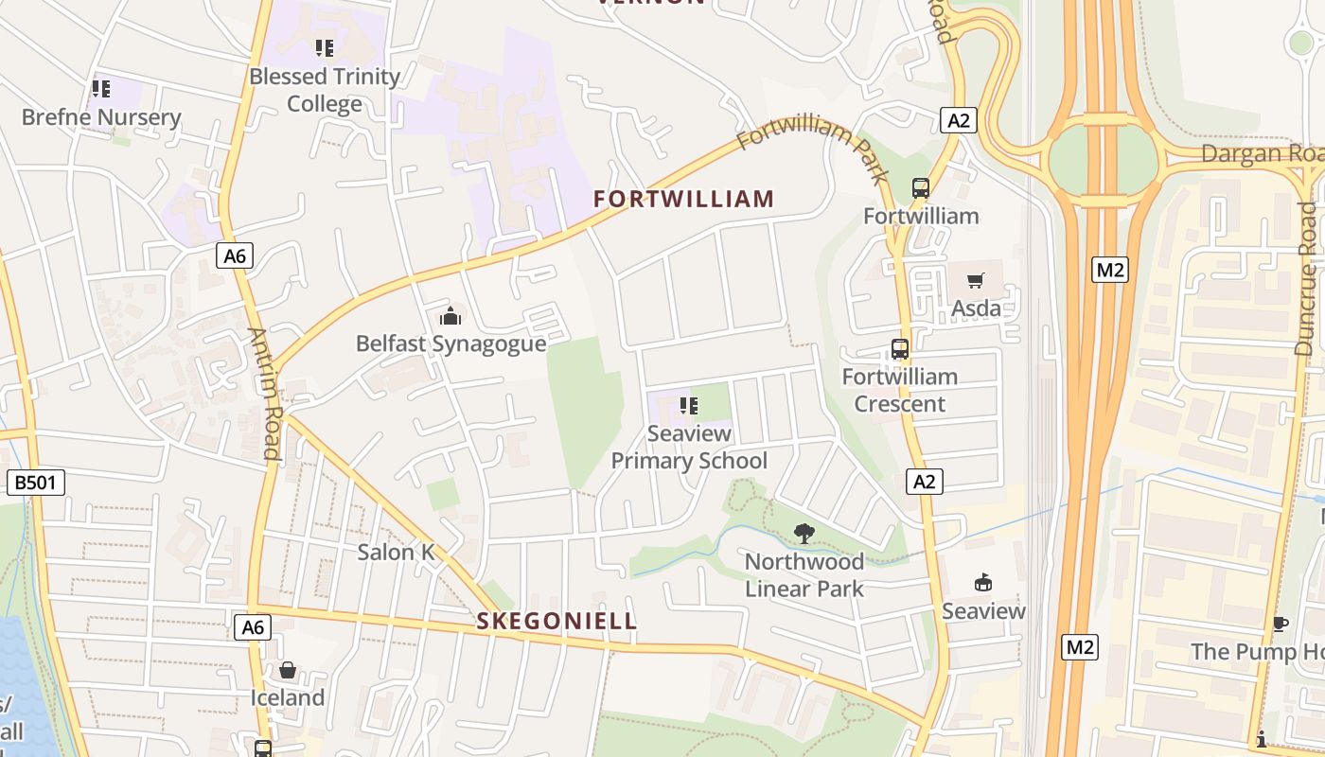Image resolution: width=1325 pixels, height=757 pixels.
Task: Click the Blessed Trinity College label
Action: point(325,90)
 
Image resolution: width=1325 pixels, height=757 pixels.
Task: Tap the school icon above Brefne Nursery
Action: point(101,90)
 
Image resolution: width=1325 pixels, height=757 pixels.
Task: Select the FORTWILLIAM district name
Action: point(683,199)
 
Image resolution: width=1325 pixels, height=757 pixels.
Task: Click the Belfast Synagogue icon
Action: point(450,315)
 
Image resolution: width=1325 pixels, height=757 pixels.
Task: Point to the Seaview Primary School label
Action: point(689,448)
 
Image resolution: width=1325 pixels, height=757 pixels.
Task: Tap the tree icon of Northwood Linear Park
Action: point(804,534)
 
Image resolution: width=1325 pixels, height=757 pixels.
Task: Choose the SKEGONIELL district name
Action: point(556,622)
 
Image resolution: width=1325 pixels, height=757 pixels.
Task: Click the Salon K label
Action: point(397,552)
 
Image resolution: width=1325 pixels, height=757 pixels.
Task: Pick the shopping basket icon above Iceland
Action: point(288,671)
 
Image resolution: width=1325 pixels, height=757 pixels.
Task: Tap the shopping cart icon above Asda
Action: point(975,280)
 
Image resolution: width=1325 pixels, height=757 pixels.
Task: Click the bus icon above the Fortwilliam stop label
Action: point(920,188)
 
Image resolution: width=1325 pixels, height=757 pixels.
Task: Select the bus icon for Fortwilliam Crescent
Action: point(899,349)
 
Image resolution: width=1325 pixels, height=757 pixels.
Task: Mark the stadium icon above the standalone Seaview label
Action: point(983,583)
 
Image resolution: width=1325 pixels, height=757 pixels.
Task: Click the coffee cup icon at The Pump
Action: point(1280,624)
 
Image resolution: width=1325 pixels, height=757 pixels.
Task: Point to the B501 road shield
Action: point(37,483)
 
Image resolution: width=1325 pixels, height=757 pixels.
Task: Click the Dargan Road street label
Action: point(1262,153)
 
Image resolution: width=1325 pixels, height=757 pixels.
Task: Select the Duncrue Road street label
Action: point(1306,279)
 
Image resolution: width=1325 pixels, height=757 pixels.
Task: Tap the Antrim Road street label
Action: point(264,394)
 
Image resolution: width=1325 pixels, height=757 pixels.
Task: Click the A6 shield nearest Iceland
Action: point(253,626)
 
